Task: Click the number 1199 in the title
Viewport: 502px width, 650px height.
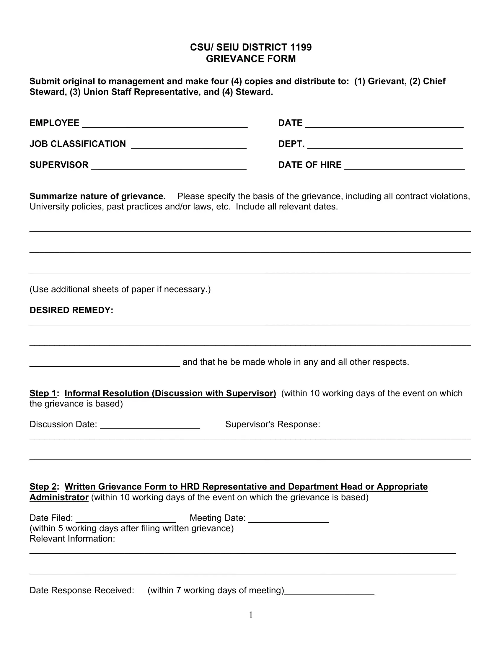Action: (x=300, y=47)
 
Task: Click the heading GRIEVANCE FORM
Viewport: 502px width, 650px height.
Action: (x=251, y=59)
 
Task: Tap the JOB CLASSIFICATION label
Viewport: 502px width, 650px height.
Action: (x=78, y=144)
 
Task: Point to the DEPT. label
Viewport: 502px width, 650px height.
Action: (x=291, y=144)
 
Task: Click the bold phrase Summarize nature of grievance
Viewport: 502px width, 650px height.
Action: (x=97, y=196)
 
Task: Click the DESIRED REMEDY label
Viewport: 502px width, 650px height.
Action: (x=71, y=311)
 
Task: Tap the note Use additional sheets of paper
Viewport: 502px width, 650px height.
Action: (x=120, y=290)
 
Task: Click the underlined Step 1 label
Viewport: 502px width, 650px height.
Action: (x=43, y=394)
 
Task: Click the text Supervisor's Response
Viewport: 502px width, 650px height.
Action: (x=273, y=424)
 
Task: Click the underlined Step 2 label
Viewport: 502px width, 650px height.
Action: (x=43, y=487)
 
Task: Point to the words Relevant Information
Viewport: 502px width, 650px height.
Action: (x=72, y=539)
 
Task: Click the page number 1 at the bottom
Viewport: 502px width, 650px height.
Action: (x=251, y=615)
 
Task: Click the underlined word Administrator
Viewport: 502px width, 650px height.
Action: (x=59, y=497)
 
